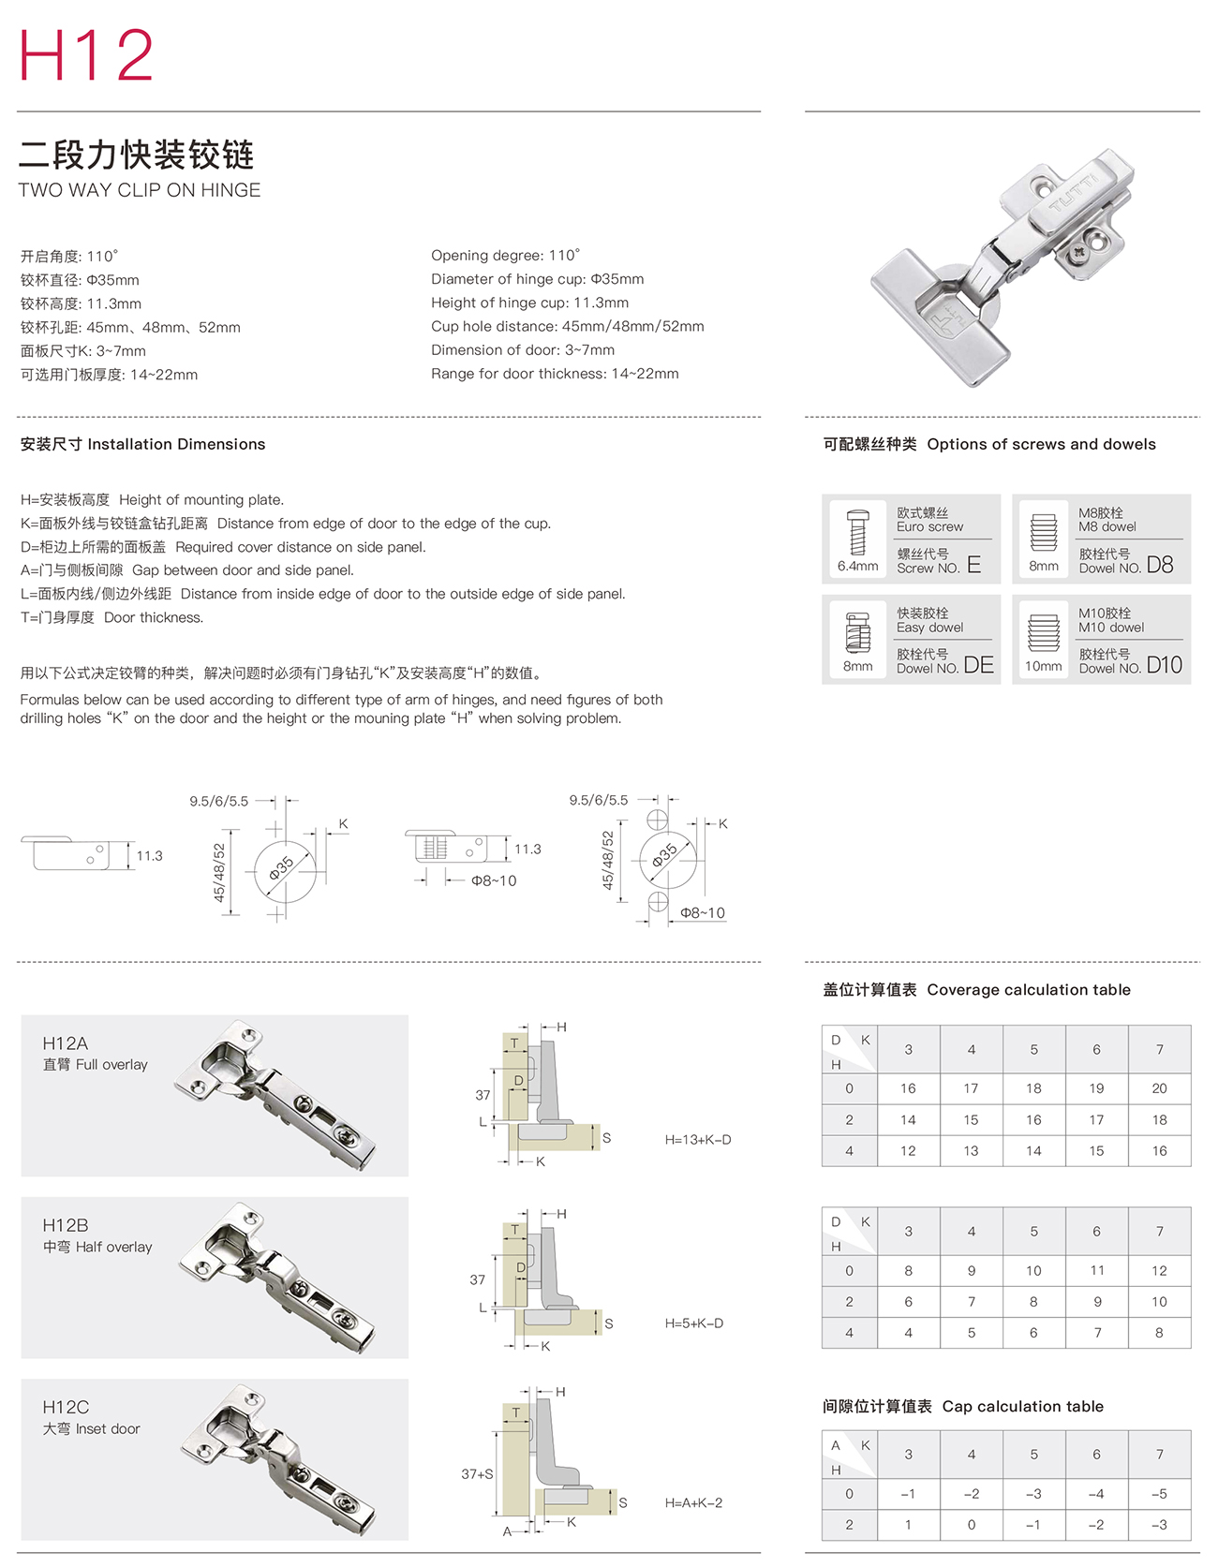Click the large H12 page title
pyautogui.click(x=85, y=55)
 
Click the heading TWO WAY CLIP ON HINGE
pyautogui.click(x=140, y=190)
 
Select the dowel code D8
pyautogui.click(x=1159, y=564)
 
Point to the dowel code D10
pyautogui.click(x=1164, y=665)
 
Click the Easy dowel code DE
pyautogui.click(x=978, y=665)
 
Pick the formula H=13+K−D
pyautogui.click(x=698, y=1140)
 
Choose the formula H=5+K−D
pyautogui.click(x=694, y=1323)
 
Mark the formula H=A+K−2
pyautogui.click(x=693, y=1502)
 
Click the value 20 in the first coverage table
pyautogui.click(x=1159, y=1088)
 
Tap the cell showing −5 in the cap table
pyautogui.click(x=1159, y=1494)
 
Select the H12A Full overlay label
pyautogui.click(x=95, y=1053)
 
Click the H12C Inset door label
pyautogui.click(x=91, y=1417)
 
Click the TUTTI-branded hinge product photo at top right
pyautogui.click(x=1003, y=267)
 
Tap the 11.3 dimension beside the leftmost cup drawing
pyautogui.click(x=149, y=856)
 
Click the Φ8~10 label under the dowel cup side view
pyautogui.click(x=493, y=880)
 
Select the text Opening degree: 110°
pyautogui.click(x=505, y=256)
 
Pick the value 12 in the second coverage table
pyautogui.click(x=1159, y=1271)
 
